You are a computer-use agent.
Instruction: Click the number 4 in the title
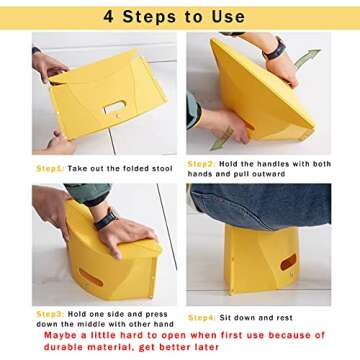[109, 16]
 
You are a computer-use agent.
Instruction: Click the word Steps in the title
[150, 17]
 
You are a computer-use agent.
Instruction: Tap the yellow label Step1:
[50, 169]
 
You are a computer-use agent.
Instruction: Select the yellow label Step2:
[201, 164]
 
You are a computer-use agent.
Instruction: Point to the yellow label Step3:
[50, 314]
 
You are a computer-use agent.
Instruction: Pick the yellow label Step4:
[202, 318]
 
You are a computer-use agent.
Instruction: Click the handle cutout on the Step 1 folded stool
[114, 107]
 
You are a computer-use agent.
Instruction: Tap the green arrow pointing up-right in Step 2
[307, 58]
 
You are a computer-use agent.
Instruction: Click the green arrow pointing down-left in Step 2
[221, 139]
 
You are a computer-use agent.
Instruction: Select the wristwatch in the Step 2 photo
[274, 50]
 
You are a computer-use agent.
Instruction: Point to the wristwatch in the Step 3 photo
[107, 219]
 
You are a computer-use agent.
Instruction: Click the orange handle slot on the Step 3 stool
[91, 278]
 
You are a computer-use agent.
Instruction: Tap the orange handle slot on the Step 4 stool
[288, 262]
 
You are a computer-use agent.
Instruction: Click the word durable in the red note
[63, 347]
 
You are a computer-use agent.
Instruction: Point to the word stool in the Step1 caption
[162, 169]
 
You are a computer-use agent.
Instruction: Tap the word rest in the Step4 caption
[284, 318]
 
